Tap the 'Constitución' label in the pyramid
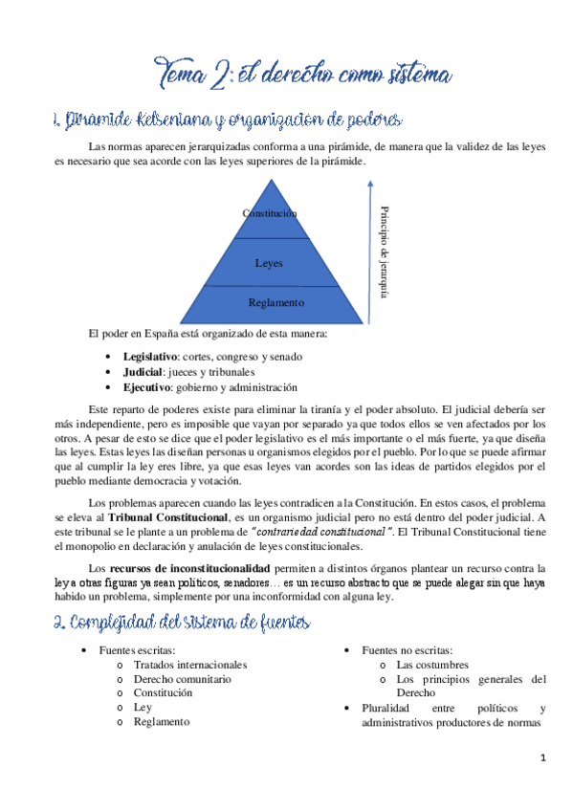tap(270, 213)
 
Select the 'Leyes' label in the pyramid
tap(269, 262)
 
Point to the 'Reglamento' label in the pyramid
tap(275, 302)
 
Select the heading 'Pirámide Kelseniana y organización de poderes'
tap(227, 121)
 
